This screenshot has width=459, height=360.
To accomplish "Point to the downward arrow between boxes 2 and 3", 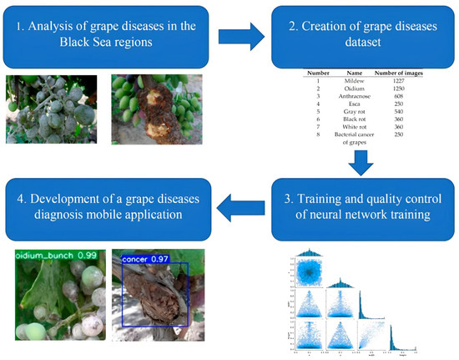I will click(359, 165).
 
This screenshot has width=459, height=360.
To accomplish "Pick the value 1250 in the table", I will click(399, 89).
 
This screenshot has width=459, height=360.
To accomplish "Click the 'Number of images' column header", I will click(399, 74).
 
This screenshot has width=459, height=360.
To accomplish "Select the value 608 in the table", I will click(399, 96).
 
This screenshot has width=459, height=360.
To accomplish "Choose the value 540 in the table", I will click(399, 112).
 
